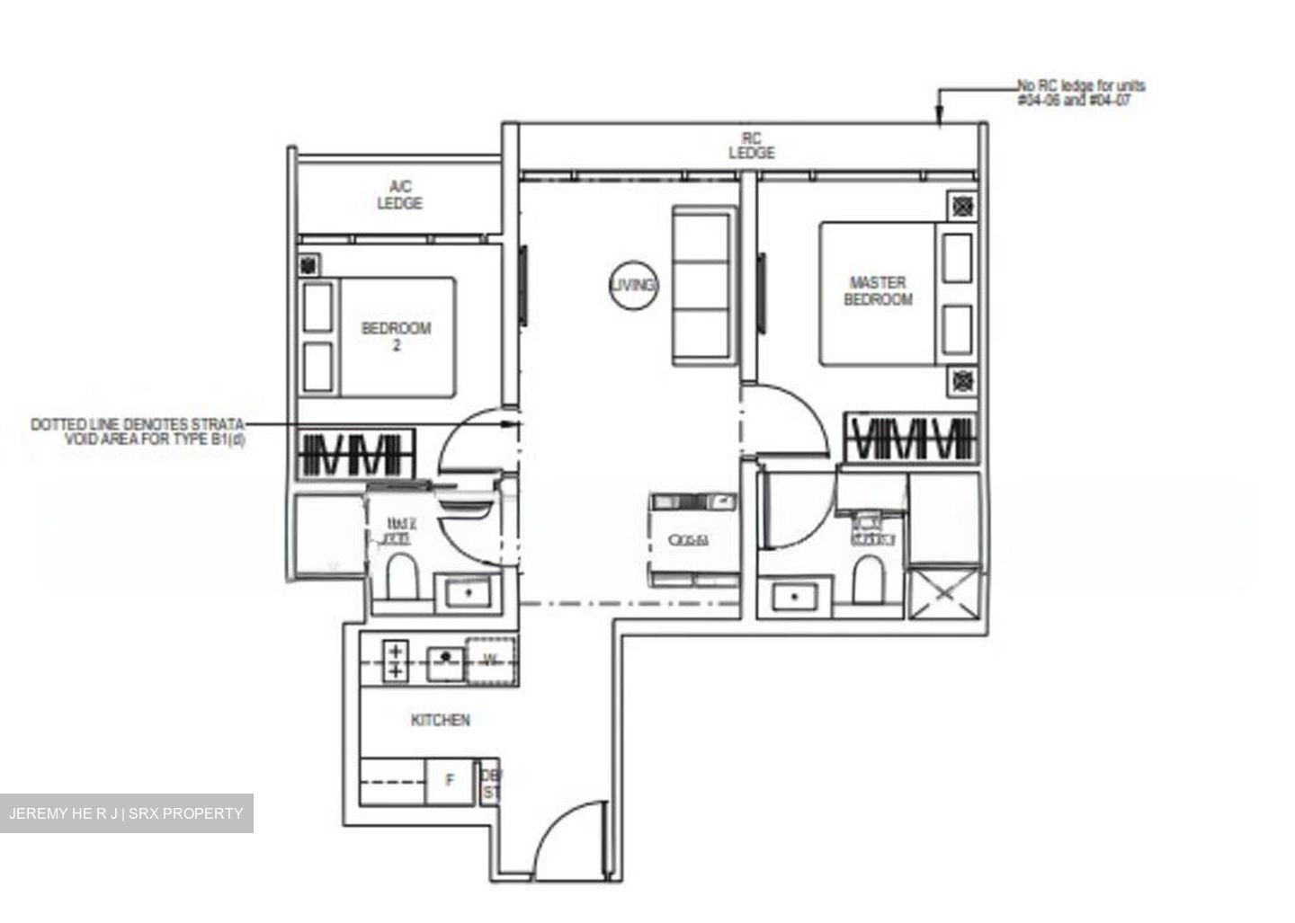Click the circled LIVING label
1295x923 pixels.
633,285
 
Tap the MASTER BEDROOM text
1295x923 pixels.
878,291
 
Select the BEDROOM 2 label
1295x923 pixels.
396,336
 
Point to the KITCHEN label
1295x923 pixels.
440,721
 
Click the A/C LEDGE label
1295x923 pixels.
399,195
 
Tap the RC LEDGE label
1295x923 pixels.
751,146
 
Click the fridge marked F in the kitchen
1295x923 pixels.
451,781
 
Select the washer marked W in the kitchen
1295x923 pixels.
491,661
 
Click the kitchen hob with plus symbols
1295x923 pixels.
395,661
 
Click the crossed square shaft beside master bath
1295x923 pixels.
943,592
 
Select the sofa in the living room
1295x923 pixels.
704,286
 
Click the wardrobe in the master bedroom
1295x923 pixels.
911,439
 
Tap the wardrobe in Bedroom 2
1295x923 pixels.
356,453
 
